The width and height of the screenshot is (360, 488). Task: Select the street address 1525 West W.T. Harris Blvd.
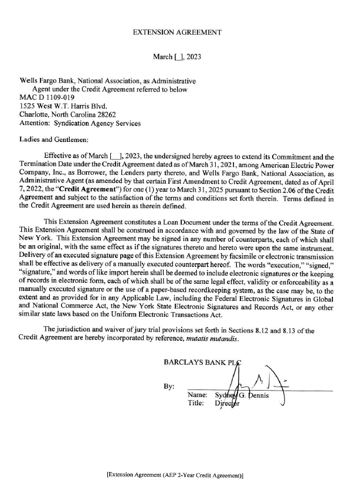(67, 106)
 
